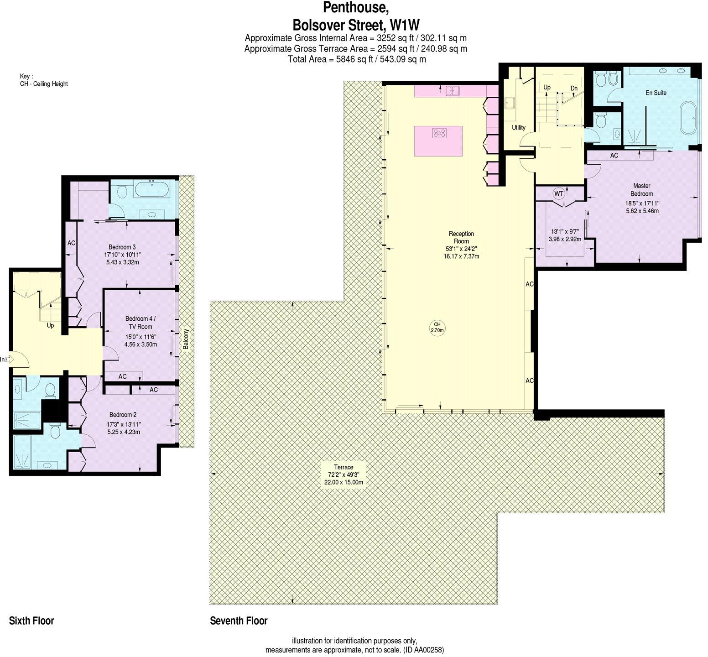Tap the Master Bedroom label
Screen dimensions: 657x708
(x=641, y=190)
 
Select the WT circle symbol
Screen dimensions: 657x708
(x=559, y=193)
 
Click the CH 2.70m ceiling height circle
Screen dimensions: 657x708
(x=437, y=327)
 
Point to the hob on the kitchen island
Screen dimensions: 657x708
(x=439, y=133)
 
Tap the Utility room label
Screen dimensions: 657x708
(x=519, y=128)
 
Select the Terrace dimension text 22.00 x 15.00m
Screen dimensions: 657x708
(x=344, y=482)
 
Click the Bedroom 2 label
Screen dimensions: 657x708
(x=123, y=415)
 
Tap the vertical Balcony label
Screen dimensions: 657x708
(x=186, y=339)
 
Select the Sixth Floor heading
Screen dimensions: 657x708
(x=31, y=620)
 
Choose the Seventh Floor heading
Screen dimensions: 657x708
(x=239, y=620)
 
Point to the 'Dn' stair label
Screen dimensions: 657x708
(x=574, y=88)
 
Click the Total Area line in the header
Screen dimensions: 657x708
(x=357, y=59)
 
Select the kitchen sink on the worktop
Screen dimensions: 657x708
(x=452, y=90)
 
